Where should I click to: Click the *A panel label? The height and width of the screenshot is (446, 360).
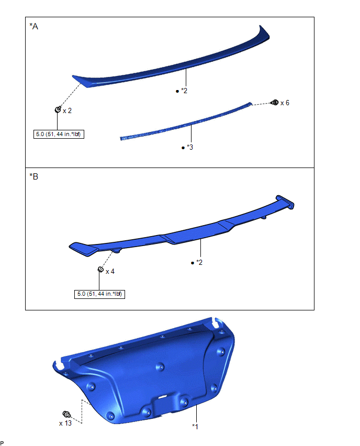[x=33, y=27]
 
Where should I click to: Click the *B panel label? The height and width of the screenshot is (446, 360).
[x=33, y=176]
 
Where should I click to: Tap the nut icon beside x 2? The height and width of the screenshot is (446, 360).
[x=58, y=109]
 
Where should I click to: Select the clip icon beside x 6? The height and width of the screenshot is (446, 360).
[x=275, y=103]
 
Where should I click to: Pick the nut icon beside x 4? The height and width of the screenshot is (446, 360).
[x=100, y=269]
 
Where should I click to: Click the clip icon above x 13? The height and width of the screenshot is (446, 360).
[x=66, y=414]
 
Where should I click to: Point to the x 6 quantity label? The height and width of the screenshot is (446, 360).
[x=285, y=103]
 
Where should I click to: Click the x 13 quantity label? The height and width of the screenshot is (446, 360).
[x=65, y=423]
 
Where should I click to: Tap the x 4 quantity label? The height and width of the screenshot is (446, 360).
[x=110, y=272]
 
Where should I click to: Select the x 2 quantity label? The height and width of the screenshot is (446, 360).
[x=67, y=110]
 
